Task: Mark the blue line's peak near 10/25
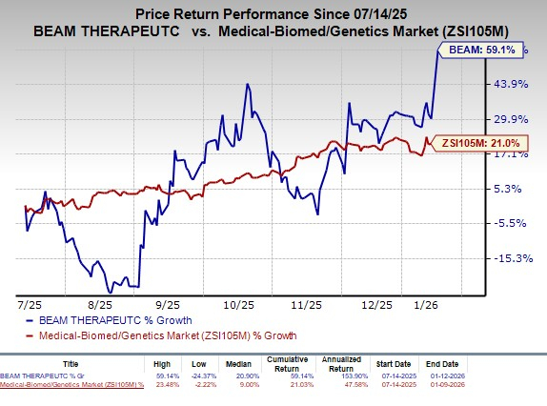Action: coord(248,84)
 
